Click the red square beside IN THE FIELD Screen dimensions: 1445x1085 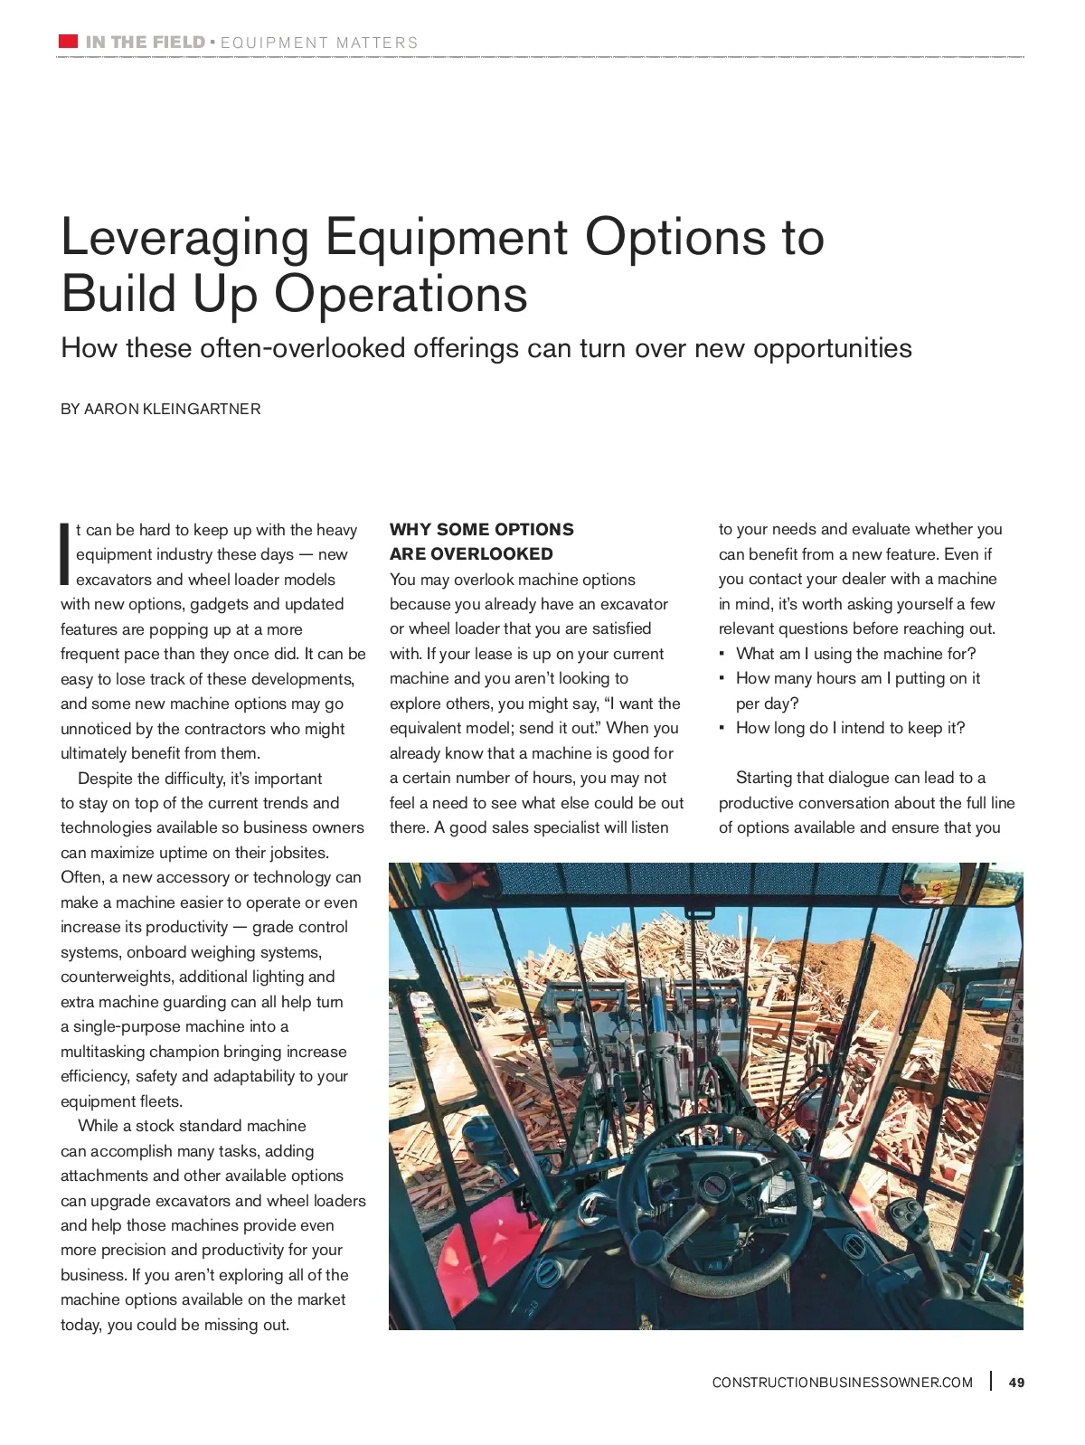point(68,41)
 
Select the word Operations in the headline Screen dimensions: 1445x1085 point(401,294)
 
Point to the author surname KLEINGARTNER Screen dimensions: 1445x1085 point(202,409)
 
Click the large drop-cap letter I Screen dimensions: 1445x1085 point(64,552)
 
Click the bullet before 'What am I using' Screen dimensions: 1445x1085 point(722,654)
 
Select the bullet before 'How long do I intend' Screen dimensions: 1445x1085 point(722,728)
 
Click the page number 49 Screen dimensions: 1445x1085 point(1016,1382)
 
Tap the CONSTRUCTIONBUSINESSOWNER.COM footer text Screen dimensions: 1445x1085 point(842,1382)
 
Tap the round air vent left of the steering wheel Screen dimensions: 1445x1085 point(549,1272)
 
